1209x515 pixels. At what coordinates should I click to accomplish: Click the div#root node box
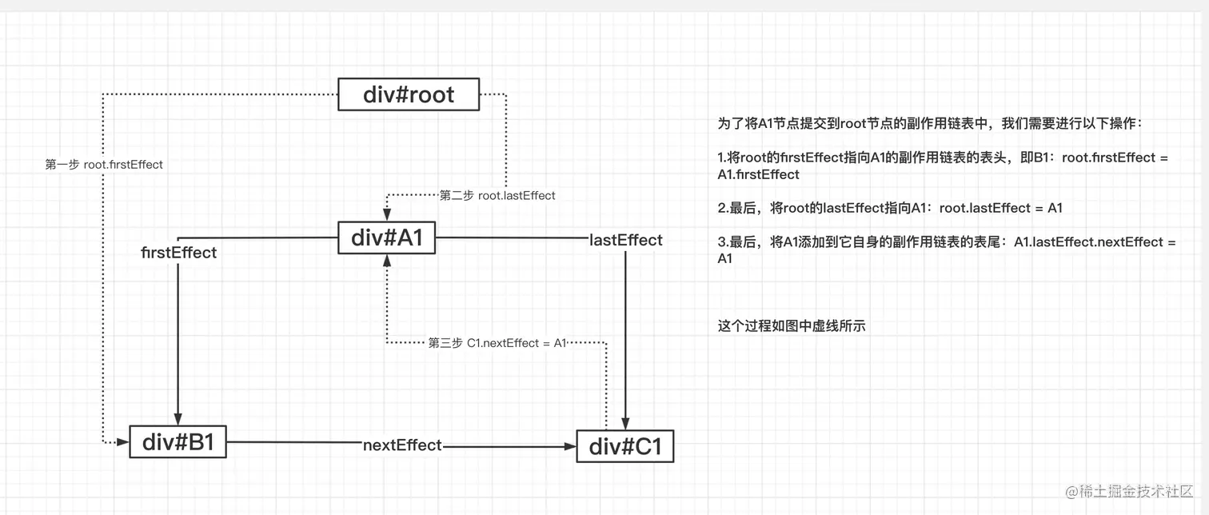(x=409, y=94)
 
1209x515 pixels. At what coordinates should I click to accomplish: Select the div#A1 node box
(x=387, y=238)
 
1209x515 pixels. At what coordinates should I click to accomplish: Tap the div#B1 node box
(x=178, y=441)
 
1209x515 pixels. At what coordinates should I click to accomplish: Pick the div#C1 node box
(x=625, y=446)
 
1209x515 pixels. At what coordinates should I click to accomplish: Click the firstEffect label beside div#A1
(x=179, y=253)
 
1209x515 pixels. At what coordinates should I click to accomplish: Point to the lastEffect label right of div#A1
(x=625, y=240)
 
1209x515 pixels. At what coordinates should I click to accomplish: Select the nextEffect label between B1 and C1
(x=402, y=445)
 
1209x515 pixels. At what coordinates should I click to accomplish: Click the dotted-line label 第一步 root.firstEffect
(x=104, y=165)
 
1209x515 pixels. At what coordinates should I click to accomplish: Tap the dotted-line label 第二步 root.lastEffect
(x=497, y=195)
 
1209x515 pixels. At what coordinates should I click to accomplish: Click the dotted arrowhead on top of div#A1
(x=387, y=214)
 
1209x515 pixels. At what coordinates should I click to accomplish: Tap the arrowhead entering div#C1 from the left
(x=569, y=446)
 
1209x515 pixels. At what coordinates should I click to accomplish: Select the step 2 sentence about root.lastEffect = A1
(x=890, y=208)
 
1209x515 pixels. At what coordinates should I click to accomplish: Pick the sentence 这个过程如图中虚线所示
(x=792, y=325)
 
